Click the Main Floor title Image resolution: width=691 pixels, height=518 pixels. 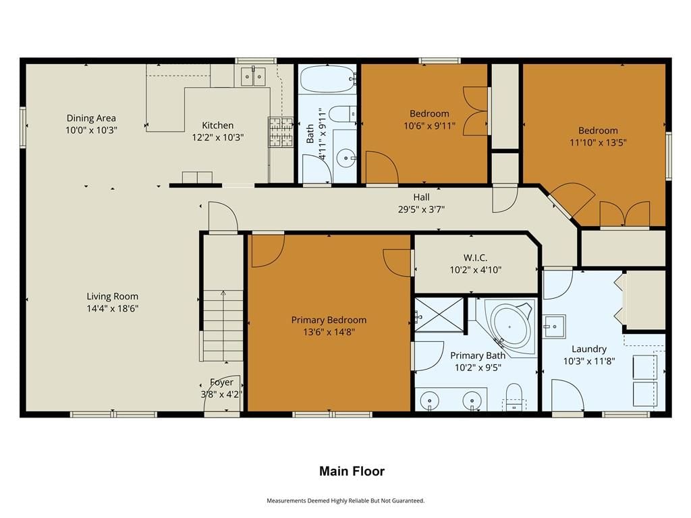352,471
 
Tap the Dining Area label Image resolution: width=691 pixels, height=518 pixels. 91,118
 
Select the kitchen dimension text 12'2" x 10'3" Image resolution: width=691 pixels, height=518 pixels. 218,138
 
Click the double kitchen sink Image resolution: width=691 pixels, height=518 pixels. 253,77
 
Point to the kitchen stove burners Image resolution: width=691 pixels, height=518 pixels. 281,132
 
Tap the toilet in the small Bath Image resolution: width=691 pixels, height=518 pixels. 342,115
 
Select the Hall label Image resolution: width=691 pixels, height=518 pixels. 421,198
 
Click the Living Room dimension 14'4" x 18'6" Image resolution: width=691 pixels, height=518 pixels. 113,308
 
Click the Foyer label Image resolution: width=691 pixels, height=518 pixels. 221,382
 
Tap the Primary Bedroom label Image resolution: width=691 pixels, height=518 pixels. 329,320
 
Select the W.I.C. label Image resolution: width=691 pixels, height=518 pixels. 476,258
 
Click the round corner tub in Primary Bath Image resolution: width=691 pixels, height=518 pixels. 510,327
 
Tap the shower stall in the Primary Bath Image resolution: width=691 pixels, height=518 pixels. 439,315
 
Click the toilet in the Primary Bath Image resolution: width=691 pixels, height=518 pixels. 514,396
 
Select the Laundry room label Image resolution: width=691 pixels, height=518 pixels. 589,349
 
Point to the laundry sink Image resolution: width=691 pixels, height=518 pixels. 554,326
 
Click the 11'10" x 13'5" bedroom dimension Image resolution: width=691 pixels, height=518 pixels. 598,142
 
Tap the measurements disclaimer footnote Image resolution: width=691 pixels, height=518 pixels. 345,500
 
